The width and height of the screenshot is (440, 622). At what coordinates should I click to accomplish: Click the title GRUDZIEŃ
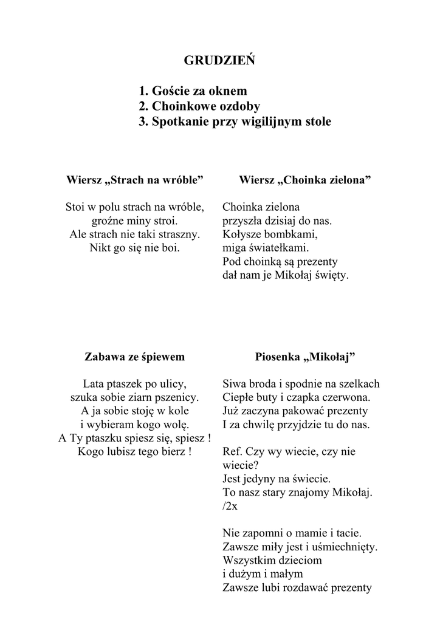point(219,61)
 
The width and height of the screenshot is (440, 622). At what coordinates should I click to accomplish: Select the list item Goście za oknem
point(193,91)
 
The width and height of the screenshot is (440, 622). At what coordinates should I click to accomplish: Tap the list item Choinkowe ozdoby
point(199,106)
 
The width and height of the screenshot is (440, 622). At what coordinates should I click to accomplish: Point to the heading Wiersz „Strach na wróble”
point(134,180)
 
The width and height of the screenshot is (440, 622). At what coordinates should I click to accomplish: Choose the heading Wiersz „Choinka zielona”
point(305,180)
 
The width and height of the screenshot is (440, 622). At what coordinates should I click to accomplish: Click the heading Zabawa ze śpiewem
point(134,357)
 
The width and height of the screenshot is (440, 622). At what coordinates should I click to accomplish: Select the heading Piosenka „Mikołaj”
point(305,357)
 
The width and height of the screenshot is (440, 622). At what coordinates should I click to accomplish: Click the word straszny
point(180,234)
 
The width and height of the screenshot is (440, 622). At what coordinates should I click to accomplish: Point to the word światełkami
point(278,248)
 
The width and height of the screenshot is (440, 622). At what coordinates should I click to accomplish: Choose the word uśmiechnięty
point(346,547)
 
